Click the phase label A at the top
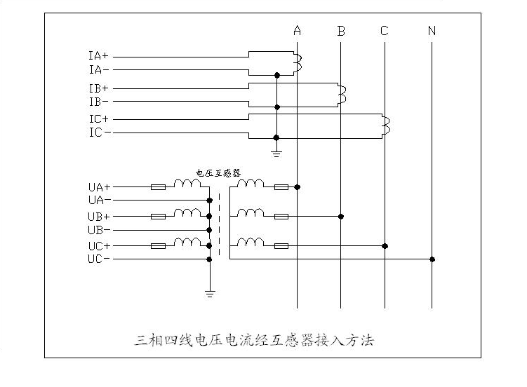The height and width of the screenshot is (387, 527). point(298,31)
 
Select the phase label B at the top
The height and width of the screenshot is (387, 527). point(341,31)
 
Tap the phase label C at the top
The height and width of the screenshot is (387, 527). point(385,31)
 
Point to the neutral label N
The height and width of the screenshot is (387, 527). point(432,31)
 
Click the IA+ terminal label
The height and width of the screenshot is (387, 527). point(98,55)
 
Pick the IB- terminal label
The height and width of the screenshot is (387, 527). point(98,102)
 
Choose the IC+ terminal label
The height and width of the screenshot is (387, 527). point(99,118)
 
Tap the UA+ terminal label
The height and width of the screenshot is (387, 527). point(99,187)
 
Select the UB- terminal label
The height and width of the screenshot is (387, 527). point(99,230)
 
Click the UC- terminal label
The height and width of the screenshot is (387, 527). point(99,259)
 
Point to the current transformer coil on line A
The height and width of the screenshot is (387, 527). point(299,62)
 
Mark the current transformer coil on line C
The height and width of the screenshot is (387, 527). point(386,124)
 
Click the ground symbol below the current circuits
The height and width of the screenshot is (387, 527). point(277,151)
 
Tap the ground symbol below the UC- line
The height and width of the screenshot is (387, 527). point(210,292)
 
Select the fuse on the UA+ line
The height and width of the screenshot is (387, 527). point(159,187)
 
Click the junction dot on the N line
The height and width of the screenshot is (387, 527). point(432,259)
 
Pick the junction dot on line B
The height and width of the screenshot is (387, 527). point(341,217)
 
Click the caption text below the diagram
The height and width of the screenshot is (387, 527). point(254,341)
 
